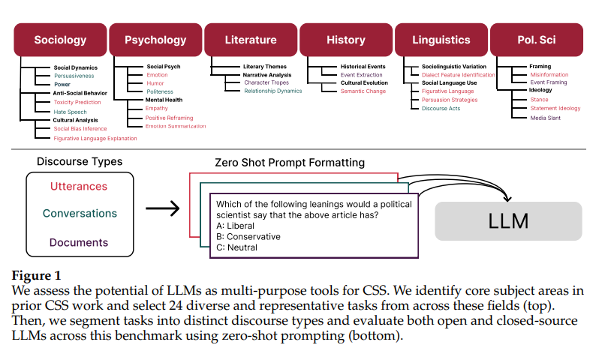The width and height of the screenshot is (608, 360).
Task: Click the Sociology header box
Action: coord(60,40)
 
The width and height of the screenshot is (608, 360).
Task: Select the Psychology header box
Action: coord(155,40)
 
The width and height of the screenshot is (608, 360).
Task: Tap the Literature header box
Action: coord(251,40)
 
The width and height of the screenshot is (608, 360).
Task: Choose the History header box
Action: coord(346,40)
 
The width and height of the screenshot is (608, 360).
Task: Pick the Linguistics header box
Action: coord(441,40)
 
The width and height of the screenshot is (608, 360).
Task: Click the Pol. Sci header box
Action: coord(537,40)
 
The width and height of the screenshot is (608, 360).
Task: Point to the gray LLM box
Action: coord(508,221)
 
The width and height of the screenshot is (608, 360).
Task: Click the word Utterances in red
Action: coord(79,186)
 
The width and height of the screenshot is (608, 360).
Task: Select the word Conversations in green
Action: coord(80,214)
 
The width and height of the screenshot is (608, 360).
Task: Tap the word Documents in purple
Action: coord(79,242)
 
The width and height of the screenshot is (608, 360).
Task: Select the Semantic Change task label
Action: coord(363,91)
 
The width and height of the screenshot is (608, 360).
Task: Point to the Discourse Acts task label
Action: coord(441,109)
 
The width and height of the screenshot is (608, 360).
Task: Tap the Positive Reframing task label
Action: coord(169,118)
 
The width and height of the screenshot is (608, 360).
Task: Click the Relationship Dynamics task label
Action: coord(272,91)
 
